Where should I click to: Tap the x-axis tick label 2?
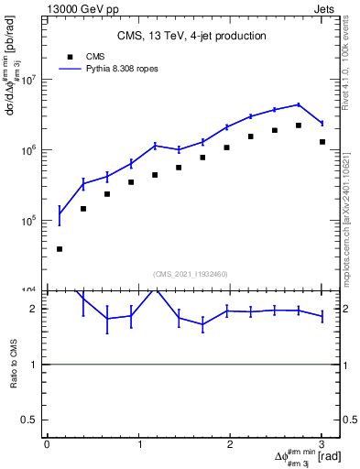(230, 445)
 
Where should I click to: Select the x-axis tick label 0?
(47, 445)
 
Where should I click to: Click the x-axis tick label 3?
(322, 445)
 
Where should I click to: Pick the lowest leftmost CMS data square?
(60, 249)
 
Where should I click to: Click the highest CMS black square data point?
(299, 125)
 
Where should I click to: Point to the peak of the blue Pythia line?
(299, 104)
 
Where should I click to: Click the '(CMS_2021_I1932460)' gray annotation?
(191, 273)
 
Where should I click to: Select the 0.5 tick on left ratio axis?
(33, 420)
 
